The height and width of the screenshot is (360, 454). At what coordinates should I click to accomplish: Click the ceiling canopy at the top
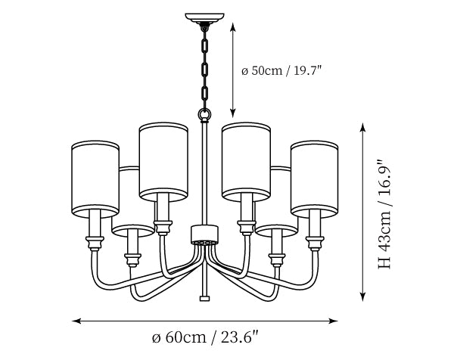(x=205, y=18)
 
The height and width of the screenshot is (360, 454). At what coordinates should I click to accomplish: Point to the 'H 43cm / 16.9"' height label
(x=385, y=214)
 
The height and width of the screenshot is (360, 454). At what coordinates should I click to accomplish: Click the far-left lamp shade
(x=95, y=179)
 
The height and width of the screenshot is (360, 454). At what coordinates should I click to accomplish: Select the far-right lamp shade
(x=315, y=179)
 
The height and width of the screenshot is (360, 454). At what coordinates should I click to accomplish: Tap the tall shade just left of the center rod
(x=163, y=162)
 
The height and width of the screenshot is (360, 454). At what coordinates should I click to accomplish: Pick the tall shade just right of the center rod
(x=246, y=162)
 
